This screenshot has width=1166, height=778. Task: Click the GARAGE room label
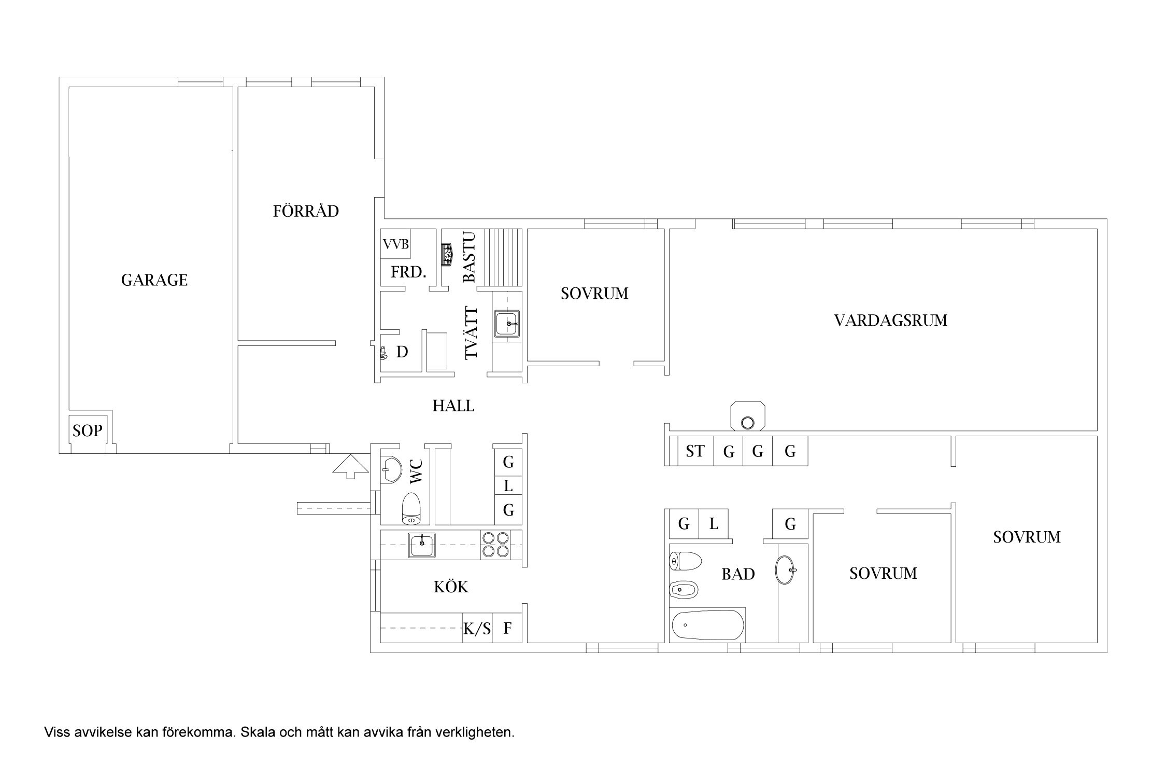coord(154,280)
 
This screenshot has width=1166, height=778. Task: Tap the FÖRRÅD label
coord(306,211)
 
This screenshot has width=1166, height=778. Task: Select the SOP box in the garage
coord(88,429)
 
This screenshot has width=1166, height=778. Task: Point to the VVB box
coord(395,244)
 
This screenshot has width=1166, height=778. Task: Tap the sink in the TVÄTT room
coord(507,324)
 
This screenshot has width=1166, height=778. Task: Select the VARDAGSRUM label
coord(890,320)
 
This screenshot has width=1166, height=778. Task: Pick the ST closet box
coord(695,451)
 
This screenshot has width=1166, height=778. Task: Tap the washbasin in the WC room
coord(390,470)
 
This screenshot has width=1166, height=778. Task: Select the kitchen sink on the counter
coord(422,545)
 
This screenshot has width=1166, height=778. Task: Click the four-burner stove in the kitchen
coord(495,545)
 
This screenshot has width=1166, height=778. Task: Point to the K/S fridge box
coord(477,629)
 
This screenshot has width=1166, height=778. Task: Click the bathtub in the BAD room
coord(708,626)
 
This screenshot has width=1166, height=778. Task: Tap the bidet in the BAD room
coord(684,590)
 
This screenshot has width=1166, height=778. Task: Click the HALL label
coord(453,406)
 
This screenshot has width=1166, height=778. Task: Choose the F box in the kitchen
coord(507,629)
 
